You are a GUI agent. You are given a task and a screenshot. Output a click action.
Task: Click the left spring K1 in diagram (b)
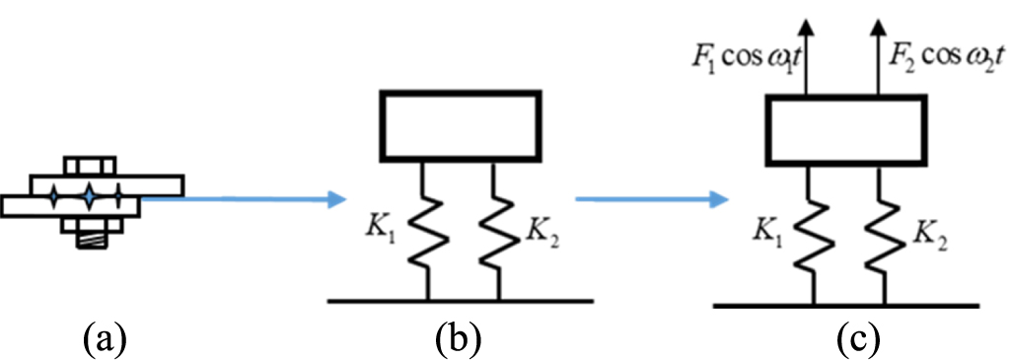(x=425, y=232)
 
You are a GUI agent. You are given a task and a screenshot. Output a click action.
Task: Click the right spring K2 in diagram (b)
(x=498, y=232)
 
